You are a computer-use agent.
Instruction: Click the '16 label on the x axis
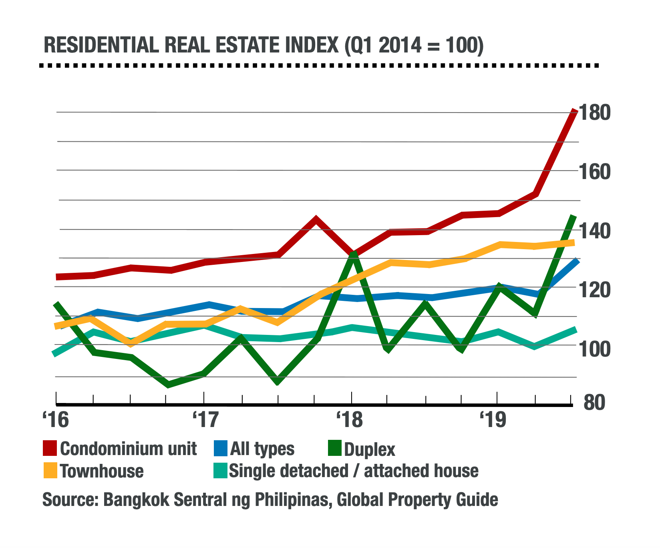click(55, 420)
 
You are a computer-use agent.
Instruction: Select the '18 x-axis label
click(350, 420)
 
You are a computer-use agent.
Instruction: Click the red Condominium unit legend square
click(50, 448)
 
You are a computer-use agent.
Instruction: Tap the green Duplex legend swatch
click(334, 448)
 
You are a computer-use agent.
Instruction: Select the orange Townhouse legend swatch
click(50, 470)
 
